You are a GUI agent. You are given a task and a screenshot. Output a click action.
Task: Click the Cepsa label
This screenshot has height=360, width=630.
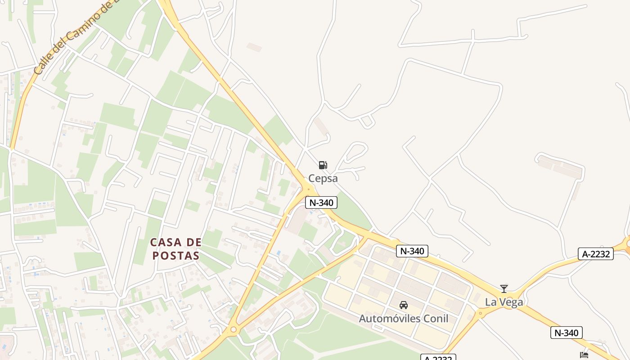[x=323, y=178]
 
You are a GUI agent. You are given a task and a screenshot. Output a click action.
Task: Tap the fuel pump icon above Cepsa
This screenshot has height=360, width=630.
[x=323, y=165]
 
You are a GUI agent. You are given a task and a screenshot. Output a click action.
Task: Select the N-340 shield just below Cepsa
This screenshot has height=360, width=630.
[x=321, y=202]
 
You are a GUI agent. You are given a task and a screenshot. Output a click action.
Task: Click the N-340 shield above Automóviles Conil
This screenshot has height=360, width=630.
[x=412, y=251]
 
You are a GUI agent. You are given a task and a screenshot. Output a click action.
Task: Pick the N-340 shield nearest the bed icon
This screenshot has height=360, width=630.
[x=566, y=333]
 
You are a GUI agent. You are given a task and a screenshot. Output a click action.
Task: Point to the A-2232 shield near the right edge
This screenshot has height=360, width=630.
[x=596, y=254]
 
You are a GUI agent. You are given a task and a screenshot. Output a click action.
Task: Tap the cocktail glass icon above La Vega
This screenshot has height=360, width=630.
[x=504, y=288]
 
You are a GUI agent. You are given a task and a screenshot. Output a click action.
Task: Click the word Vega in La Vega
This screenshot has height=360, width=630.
[x=511, y=302]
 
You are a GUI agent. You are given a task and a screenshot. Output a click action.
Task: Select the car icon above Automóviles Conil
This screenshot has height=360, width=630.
[x=404, y=305]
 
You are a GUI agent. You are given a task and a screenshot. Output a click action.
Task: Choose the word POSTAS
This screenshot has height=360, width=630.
[x=175, y=256]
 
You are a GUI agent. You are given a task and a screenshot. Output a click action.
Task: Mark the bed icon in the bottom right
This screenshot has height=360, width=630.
[x=584, y=355]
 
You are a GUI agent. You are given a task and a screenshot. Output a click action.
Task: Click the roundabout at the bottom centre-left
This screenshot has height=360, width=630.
[x=233, y=330]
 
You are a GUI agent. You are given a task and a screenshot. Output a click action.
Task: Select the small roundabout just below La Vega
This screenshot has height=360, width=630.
[x=481, y=312]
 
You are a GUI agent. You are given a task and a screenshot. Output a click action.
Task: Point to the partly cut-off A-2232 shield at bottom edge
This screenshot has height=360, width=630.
[x=438, y=357]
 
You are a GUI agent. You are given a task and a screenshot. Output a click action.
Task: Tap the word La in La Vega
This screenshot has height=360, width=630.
[x=490, y=302]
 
